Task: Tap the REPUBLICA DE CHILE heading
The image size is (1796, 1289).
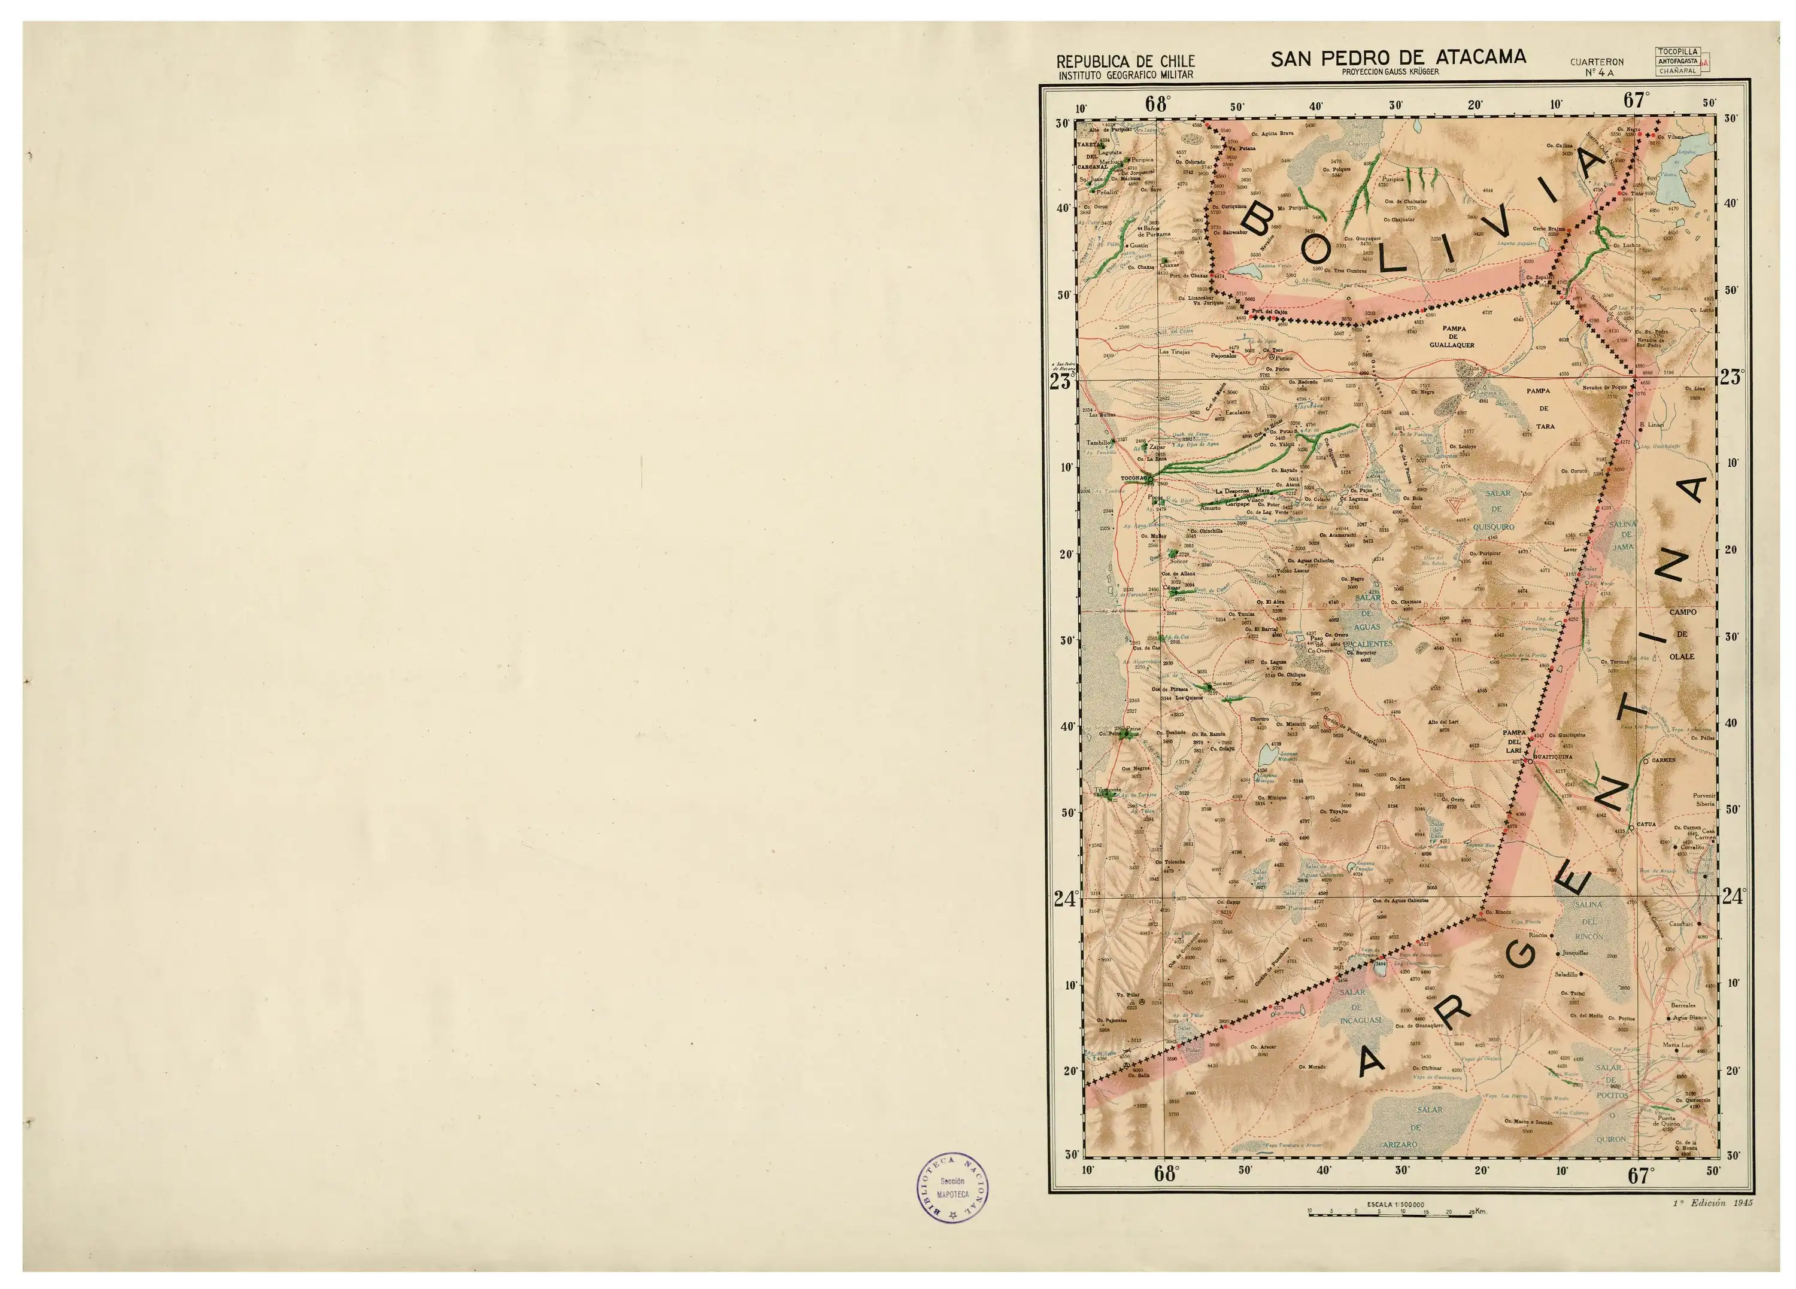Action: pyautogui.click(x=1125, y=62)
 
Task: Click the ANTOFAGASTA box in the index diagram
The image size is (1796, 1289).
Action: pyautogui.click(x=1677, y=61)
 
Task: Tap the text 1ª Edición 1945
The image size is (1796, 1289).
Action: pyautogui.click(x=1713, y=1202)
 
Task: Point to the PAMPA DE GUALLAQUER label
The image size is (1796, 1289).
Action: pyautogui.click(x=1452, y=336)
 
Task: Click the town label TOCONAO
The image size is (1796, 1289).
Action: pyautogui.click(x=1133, y=479)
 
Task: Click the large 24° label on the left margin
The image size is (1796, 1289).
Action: pyautogui.click(x=1066, y=899)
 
